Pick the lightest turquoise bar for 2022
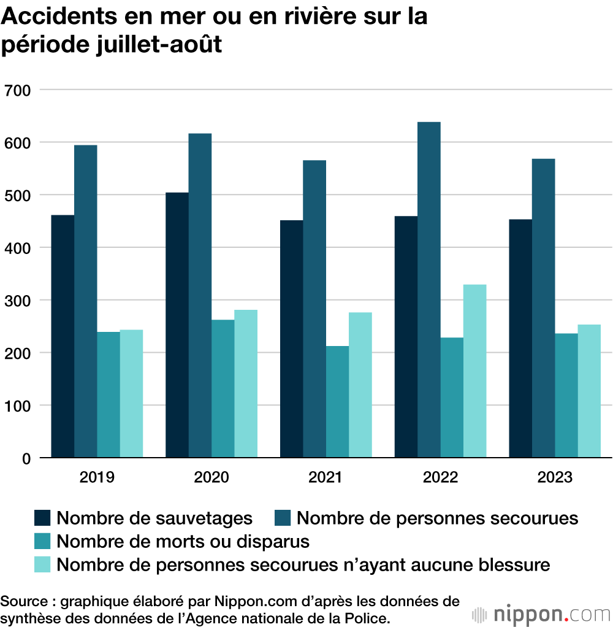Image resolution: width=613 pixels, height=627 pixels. click(474, 371)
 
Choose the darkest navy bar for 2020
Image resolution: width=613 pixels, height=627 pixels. click(177, 325)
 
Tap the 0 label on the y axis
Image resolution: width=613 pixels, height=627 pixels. click(26, 458)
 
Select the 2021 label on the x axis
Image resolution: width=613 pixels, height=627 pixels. click(326, 478)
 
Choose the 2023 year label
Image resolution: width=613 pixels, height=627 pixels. click(555, 478)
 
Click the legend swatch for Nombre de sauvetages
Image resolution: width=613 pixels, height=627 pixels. click(42, 518)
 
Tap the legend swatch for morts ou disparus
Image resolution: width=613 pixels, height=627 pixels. click(42, 541)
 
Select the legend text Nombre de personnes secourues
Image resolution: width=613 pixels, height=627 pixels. click(437, 518)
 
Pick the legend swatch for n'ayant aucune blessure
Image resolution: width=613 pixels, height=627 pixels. click(42, 564)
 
